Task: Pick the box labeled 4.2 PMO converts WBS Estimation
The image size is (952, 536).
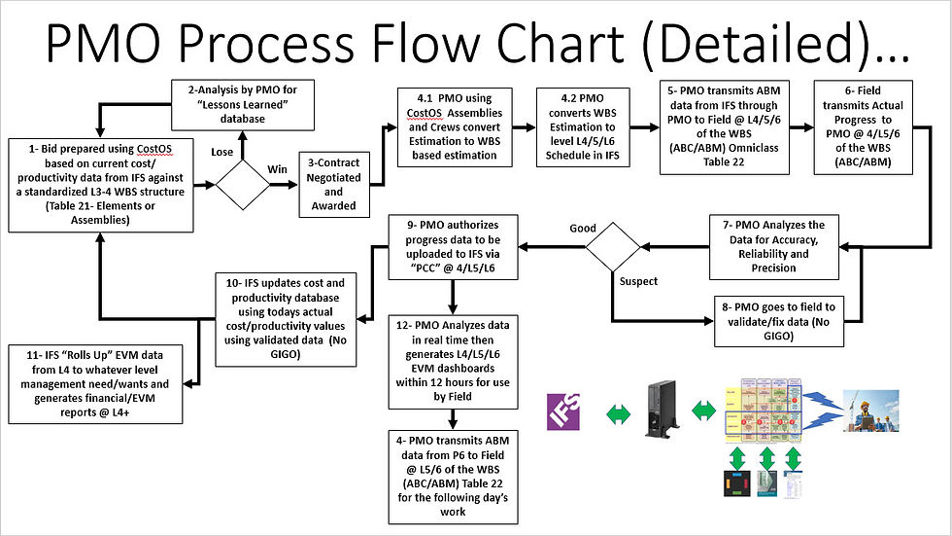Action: pos(583,128)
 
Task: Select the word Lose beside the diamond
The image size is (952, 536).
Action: pos(222,152)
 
